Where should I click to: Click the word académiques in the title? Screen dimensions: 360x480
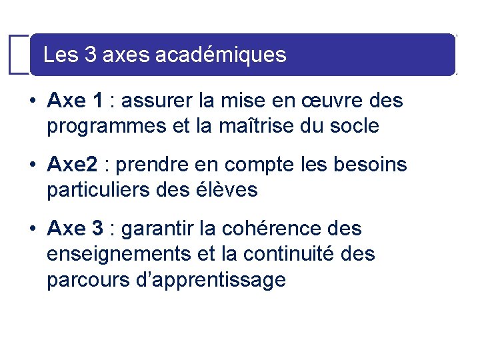[x=220, y=55]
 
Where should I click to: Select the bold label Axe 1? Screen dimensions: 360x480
[x=75, y=101]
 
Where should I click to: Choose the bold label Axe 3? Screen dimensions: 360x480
[x=75, y=229]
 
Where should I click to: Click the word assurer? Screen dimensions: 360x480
[x=157, y=101]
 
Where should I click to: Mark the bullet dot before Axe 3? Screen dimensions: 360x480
[x=32, y=229]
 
